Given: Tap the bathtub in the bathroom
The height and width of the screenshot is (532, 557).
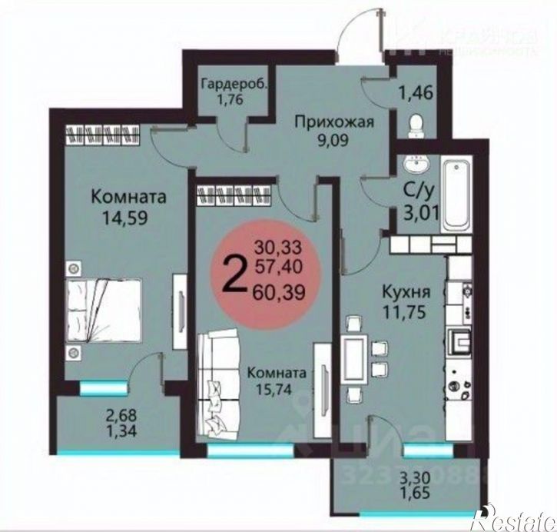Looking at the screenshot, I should click(456, 194).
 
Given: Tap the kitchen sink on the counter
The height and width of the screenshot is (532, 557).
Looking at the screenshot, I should click(463, 337).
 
